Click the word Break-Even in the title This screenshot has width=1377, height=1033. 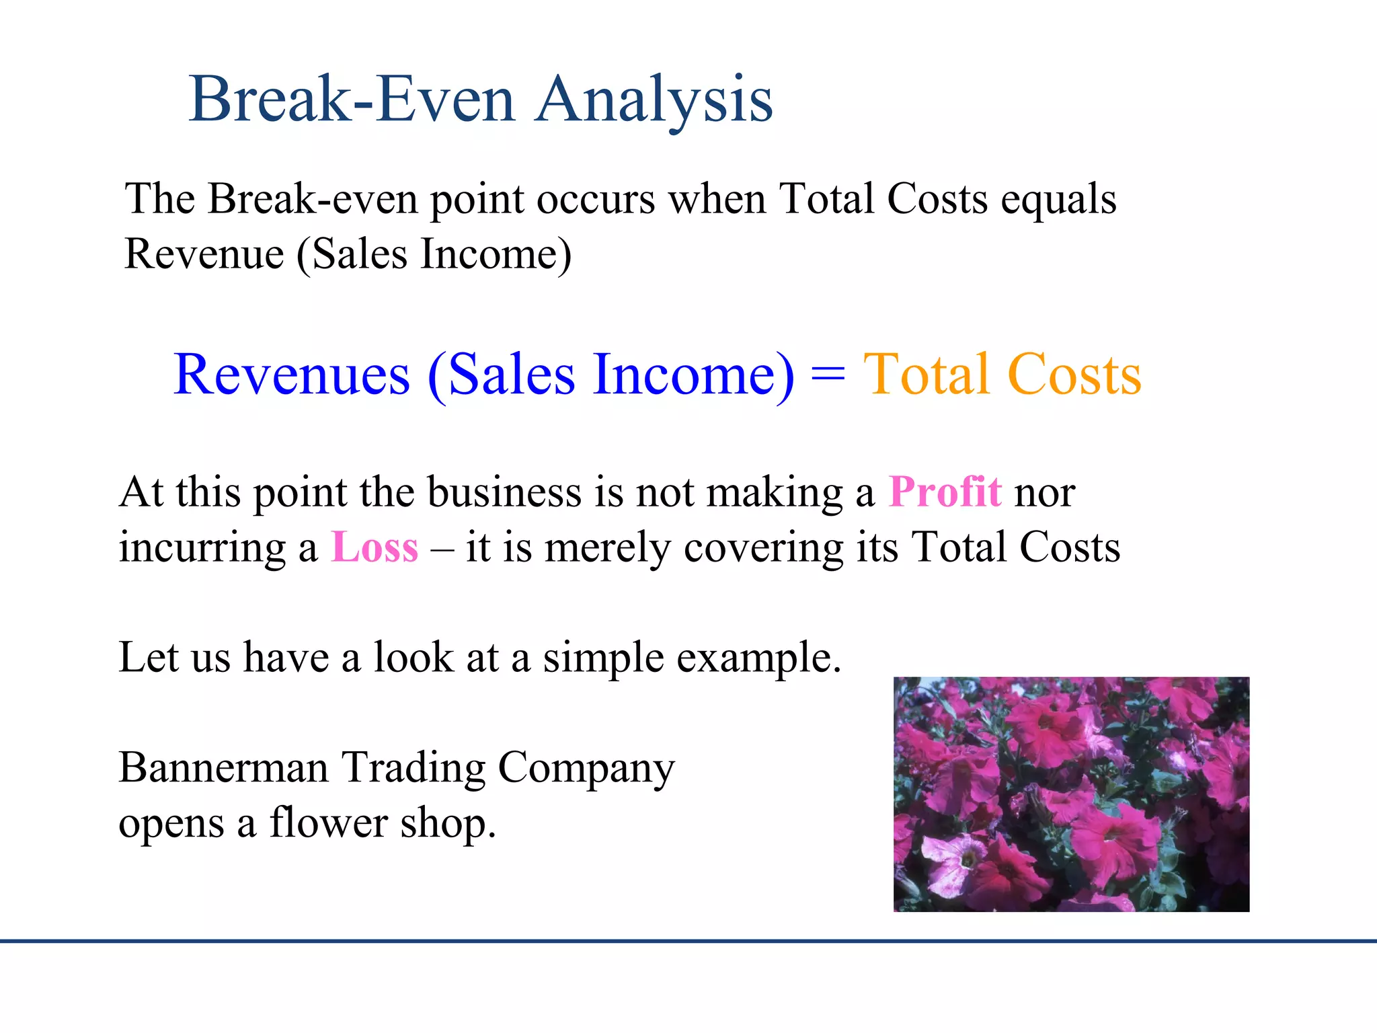pos(352,100)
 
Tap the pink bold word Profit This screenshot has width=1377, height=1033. pos(945,492)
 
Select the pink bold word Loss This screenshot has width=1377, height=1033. pos(375,547)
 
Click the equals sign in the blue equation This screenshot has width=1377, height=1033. pos(828,375)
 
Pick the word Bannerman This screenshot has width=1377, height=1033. pos(223,767)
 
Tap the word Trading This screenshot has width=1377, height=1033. pos(414,769)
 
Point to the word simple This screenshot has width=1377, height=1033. pos(604,658)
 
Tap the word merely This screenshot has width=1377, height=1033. pos(608,548)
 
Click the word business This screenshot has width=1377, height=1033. pos(504,492)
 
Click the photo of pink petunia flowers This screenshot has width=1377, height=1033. pos(1071,794)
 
